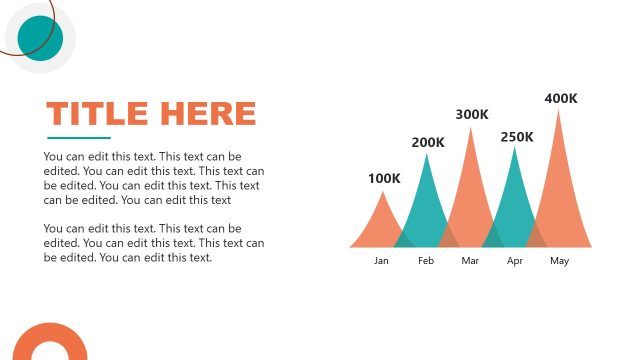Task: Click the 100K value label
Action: (384, 179)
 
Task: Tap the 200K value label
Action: (428, 142)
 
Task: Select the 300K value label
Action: (472, 114)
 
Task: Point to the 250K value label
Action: (517, 137)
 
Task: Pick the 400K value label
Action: (561, 98)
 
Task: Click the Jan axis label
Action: (381, 261)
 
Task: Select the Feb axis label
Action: (426, 261)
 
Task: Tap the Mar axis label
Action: (471, 261)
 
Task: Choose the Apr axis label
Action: (515, 261)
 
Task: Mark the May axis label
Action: (559, 261)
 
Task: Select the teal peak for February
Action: (427, 205)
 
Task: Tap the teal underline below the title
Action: (79, 138)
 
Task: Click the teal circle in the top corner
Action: (41, 38)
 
